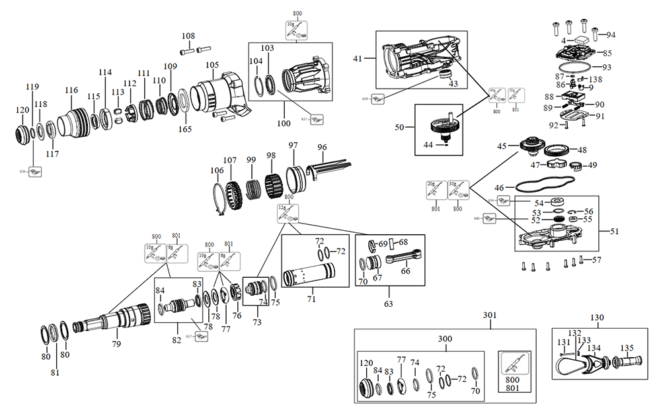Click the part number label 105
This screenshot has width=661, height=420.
(x=212, y=65)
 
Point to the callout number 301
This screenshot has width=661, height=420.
(x=489, y=315)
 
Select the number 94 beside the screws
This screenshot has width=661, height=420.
(x=610, y=34)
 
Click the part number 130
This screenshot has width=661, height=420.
(x=597, y=317)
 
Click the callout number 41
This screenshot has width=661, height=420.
(x=358, y=60)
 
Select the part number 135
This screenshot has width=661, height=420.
(x=626, y=347)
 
